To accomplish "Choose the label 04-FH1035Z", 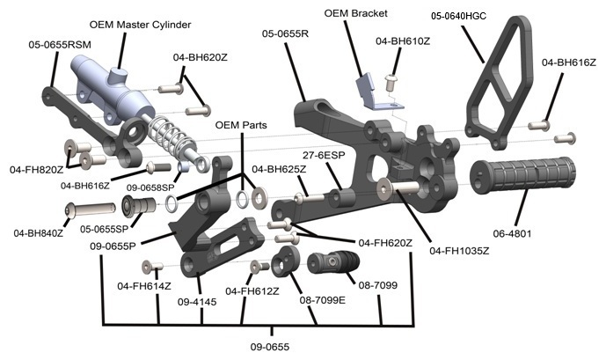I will click(459, 251).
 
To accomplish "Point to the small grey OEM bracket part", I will click(370, 91).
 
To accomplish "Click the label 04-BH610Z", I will click(402, 41).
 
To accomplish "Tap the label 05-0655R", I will click(286, 33).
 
